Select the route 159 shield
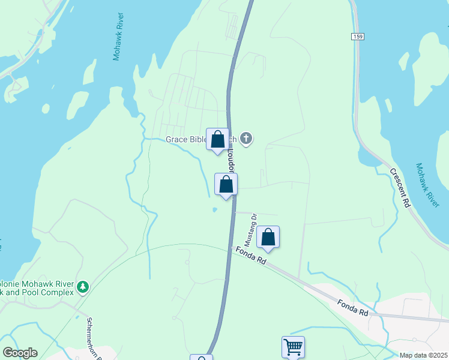click(x=358, y=37)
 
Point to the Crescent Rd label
click(x=399, y=188)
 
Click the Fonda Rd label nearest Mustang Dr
click(x=250, y=256)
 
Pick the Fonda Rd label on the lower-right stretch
click(x=352, y=308)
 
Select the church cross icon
click(x=246, y=139)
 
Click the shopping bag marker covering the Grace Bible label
click(x=217, y=139)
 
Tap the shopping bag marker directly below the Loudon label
click(x=226, y=184)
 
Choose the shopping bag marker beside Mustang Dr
click(x=268, y=238)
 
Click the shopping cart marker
click(x=293, y=347)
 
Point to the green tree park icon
click(x=83, y=287)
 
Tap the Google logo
click(x=20, y=353)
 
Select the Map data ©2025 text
click(x=423, y=355)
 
